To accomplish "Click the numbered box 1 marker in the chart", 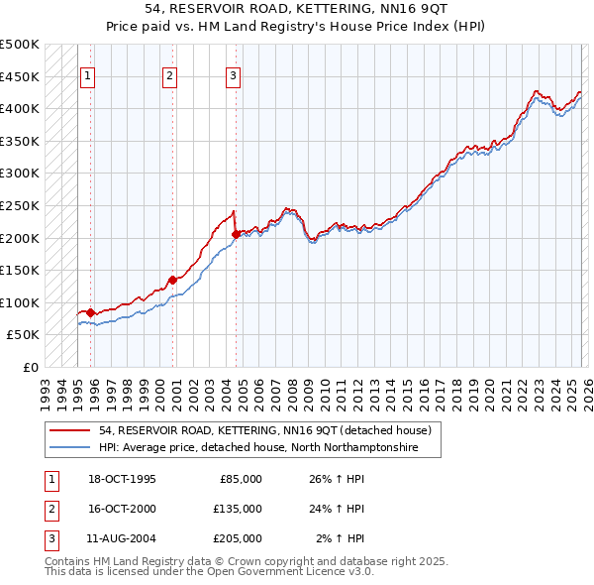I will coord(87,75).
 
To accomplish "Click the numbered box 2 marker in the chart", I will coord(169,75).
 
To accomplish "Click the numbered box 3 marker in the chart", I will coord(233,75).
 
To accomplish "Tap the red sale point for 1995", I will coord(90,312).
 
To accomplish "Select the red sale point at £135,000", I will coord(172,280).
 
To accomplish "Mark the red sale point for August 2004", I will coord(236,234).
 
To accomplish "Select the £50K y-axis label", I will coord(23,335).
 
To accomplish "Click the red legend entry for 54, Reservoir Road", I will coord(264,431).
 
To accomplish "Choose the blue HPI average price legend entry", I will coord(258,448).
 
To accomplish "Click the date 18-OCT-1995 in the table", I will coord(122,479).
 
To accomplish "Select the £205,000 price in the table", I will coord(238,538).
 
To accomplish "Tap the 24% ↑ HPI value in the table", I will coord(339,509).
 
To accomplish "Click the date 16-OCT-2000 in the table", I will coord(122,509).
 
